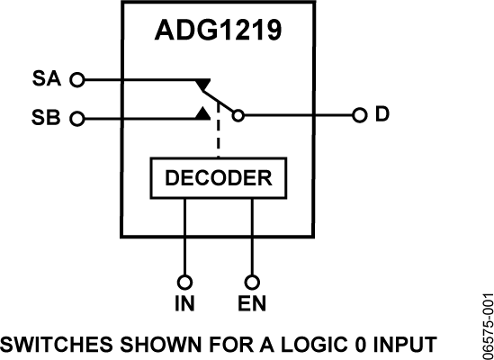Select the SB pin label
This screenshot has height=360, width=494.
coord(47,118)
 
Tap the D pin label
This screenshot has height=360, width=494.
coord(382,115)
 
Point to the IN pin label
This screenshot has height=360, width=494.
coord(184,303)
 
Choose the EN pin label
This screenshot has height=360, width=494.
coord(253,303)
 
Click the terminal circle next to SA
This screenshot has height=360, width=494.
coord(76,80)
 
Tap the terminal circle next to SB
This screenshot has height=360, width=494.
coord(76,118)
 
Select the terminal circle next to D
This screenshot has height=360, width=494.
coord(358,115)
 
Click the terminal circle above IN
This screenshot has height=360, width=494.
coord(184,280)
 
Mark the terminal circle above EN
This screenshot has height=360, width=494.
coord(253,280)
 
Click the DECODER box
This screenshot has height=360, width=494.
coord(219,178)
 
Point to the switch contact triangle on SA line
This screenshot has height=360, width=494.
coord(203,84)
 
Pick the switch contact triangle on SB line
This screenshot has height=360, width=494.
coord(203,112)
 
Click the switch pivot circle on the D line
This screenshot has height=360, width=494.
coord(238,115)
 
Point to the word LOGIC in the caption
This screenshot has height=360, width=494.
coord(310,345)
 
